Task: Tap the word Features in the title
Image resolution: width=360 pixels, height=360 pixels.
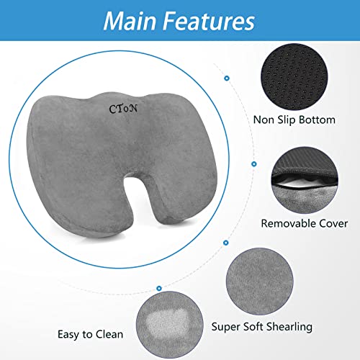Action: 209,20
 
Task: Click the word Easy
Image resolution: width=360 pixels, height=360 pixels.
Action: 69,334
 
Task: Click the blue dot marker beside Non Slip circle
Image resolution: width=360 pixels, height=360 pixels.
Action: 227,77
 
